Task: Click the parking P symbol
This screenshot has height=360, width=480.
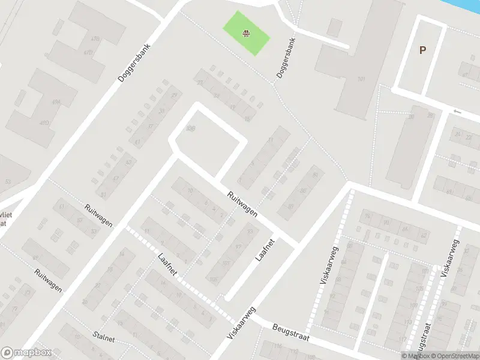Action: click(x=422, y=50)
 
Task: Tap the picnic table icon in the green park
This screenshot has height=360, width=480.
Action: click(x=246, y=33)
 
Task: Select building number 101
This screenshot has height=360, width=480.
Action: click(x=361, y=79)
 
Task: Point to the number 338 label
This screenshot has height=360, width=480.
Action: click(x=191, y=128)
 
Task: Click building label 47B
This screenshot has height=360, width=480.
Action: click(x=95, y=38)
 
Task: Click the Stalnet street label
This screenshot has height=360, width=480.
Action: click(x=104, y=338)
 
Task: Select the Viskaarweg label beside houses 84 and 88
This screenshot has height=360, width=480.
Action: click(x=330, y=265)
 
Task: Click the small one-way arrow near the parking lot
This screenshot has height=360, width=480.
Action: click(x=458, y=111)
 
